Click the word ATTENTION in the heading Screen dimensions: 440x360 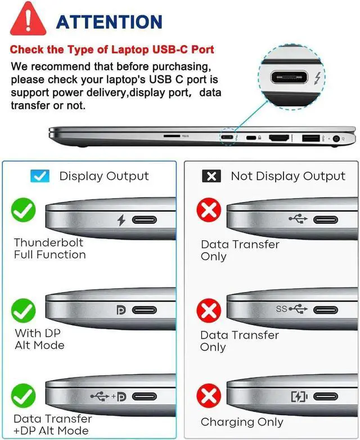click(109, 22)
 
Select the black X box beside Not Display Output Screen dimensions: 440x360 click(211, 176)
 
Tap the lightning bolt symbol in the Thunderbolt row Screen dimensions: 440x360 click(121, 220)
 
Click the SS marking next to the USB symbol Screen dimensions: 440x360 click(282, 309)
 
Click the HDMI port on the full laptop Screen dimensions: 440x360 click(279, 138)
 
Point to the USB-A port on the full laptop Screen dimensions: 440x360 click(310, 138)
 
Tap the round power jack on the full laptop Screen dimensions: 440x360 click(337, 138)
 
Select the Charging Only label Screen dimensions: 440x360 click(242, 422)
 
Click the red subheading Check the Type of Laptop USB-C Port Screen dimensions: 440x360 click(112, 50)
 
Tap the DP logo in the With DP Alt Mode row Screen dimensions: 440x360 click(120, 310)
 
